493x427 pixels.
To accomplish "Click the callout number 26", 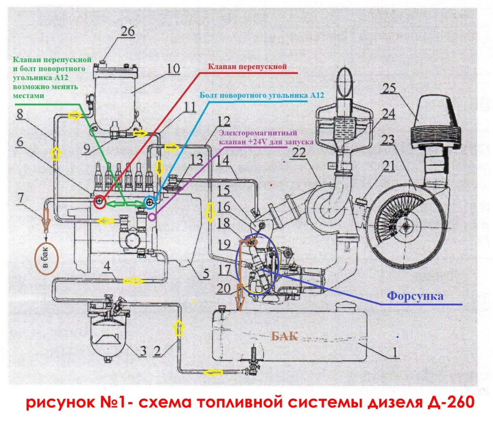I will pos(127,31).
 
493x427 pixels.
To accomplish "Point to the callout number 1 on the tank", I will pos(394,353).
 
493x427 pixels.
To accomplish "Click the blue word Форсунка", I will pos(415,296).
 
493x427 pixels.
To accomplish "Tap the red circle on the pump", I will pos(100,201).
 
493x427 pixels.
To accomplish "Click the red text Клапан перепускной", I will pos(247,67).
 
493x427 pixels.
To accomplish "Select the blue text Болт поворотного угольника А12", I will pos(262,95).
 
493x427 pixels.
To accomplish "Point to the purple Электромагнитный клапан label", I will pos(263,137).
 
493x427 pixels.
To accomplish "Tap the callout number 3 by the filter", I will pos(143,351).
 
